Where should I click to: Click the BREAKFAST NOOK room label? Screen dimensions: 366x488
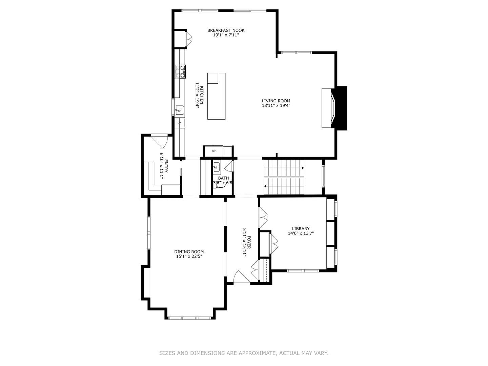pyautogui.click(x=226, y=30)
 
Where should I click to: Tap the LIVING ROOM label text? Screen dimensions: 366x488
pyautogui.click(x=276, y=101)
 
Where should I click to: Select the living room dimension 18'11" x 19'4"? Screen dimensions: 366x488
pyautogui.click(x=276, y=105)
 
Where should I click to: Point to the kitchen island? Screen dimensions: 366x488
pyautogui.click(x=216, y=96)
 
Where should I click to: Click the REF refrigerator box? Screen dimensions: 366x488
pyautogui.click(x=213, y=151)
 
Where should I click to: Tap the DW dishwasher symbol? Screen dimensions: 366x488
pyautogui.click(x=180, y=123)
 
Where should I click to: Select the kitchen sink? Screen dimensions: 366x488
pyautogui.click(x=180, y=110)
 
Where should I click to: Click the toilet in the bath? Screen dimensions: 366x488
pyautogui.click(x=221, y=185)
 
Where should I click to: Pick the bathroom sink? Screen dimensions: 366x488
pyautogui.click(x=217, y=167)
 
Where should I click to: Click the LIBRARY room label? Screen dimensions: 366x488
pyautogui.click(x=301, y=229)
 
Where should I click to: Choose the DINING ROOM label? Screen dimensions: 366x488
pyautogui.click(x=189, y=252)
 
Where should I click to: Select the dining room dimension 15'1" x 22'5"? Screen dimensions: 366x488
pyautogui.click(x=189, y=257)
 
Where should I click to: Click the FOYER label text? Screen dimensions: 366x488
pyautogui.click(x=249, y=242)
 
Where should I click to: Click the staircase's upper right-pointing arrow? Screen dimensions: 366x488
pyautogui.click(x=302, y=168)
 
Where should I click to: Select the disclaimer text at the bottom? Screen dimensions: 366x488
pyautogui.click(x=244, y=353)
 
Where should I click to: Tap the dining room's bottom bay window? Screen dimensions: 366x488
pyautogui.click(x=190, y=318)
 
